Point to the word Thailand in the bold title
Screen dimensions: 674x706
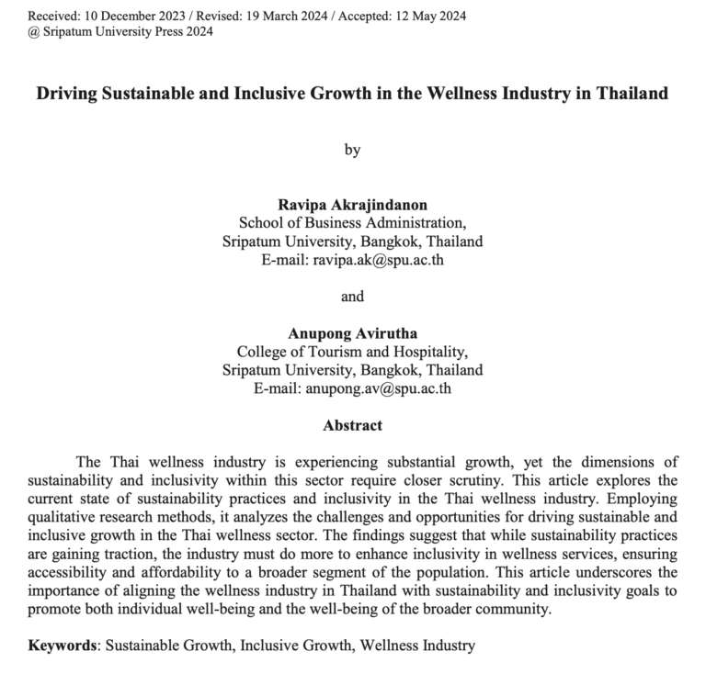click(x=628, y=95)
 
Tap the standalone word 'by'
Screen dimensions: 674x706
click(x=352, y=151)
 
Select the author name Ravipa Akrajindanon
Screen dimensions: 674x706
click(x=352, y=205)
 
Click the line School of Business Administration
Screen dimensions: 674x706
click(x=352, y=223)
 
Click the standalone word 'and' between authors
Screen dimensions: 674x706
click(x=352, y=296)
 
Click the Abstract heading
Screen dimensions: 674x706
click(x=352, y=426)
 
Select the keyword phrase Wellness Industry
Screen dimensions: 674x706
click(x=417, y=646)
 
